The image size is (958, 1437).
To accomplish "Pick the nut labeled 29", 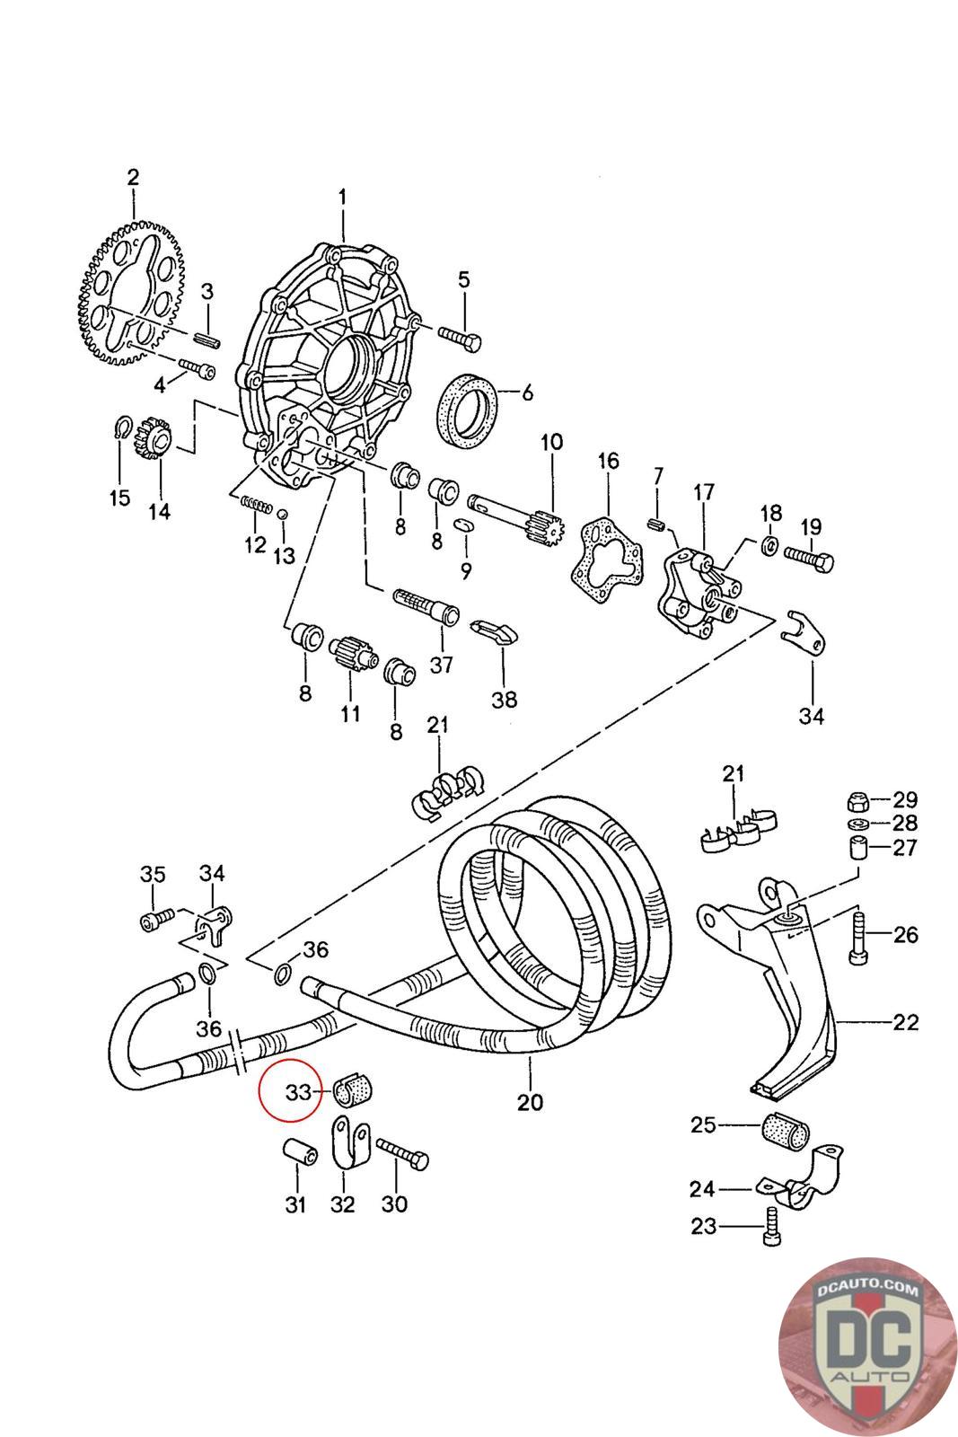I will tap(857, 799).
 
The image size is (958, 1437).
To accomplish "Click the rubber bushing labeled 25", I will tap(787, 1130).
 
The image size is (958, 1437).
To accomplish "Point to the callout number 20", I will tap(531, 1101).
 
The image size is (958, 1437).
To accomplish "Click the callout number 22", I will tap(906, 1022).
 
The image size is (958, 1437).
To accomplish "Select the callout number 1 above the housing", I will tap(343, 194).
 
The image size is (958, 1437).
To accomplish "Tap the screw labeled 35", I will tap(154, 921).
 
